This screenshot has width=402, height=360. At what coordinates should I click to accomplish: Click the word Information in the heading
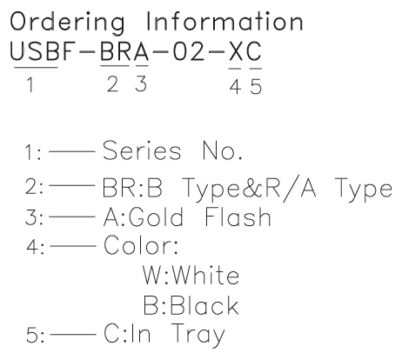point(224,21)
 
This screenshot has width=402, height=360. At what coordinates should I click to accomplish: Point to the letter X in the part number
point(237,51)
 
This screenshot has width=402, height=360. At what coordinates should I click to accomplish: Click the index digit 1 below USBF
point(30,84)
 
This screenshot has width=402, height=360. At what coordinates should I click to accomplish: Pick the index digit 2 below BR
point(113,84)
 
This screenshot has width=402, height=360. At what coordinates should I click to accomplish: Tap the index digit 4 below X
point(235,87)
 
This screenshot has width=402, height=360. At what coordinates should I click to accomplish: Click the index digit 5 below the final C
point(256,87)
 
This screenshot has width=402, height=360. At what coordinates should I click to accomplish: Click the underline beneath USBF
point(36,68)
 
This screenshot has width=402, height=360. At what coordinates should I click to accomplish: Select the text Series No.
point(172,150)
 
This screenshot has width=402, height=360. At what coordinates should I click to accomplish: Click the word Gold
point(156,217)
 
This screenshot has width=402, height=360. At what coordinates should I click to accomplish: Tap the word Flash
point(238,217)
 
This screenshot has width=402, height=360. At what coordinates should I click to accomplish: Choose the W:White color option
point(191,275)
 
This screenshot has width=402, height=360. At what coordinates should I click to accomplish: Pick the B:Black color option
point(191,305)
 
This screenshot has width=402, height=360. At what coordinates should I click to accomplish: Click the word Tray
point(198,335)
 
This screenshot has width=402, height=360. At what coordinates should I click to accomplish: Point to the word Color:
point(141,245)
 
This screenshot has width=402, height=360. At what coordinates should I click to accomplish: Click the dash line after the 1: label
point(72,151)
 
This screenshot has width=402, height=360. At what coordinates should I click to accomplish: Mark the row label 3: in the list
point(34,217)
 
